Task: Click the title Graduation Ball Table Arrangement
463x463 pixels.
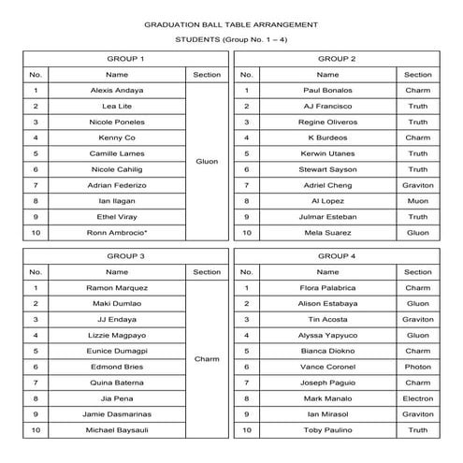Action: click(231, 24)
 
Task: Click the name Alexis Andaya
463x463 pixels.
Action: click(117, 91)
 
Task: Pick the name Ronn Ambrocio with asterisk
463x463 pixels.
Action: click(117, 232)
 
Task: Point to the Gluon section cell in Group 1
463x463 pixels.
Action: click(207, 161)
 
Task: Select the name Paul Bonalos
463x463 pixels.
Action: click(327, 91)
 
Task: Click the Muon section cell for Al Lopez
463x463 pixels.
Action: click(418, 200)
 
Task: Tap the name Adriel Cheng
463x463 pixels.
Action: click(327, 185)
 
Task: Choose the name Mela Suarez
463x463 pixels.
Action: click(327, 232)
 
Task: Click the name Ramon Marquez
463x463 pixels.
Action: click(117, 287)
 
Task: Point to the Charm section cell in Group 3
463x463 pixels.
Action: click(207, 358)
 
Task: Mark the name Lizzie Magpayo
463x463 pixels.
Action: click(117, 334)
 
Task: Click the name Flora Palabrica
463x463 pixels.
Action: click(327, 287)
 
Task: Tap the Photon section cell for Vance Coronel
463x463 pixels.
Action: click(418, 366)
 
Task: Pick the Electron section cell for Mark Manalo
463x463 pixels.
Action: click(418, 398)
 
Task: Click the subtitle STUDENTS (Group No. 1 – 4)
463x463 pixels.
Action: click(231, 41)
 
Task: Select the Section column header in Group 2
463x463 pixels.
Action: click(418, 74)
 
